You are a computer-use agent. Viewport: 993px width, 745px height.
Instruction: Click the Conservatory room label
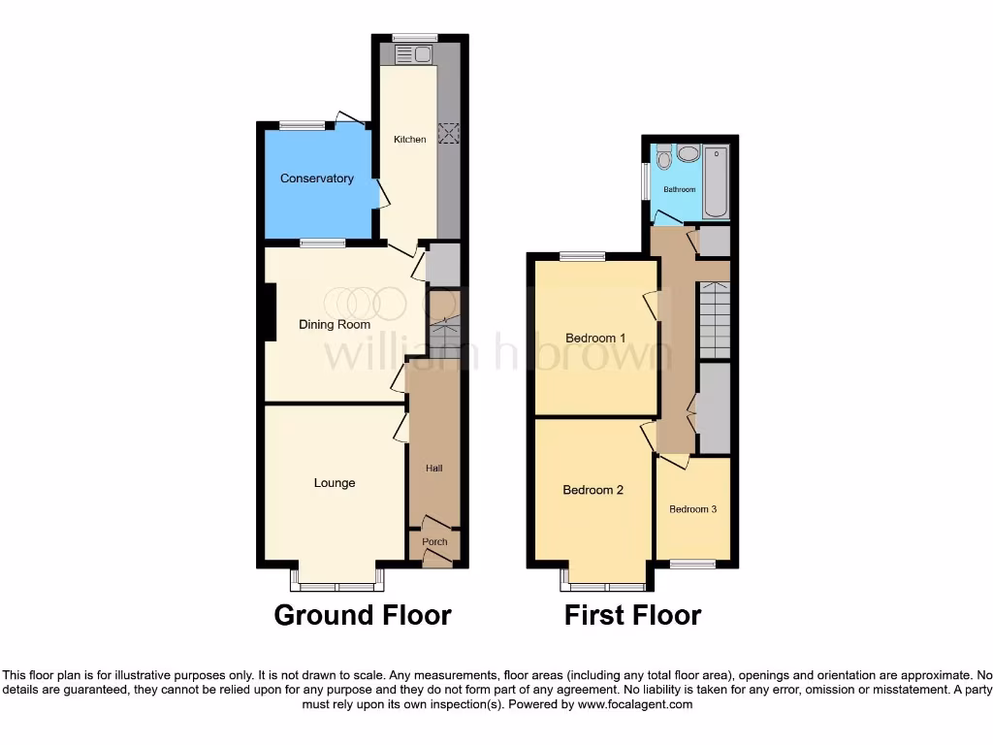point(316,178)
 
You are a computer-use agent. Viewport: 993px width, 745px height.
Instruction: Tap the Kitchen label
point(409,140)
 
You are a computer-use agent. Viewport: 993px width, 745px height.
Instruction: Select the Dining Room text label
point(334,325)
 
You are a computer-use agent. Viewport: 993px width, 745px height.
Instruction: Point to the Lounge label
point(334,483)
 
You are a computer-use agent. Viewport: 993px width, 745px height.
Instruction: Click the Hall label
point(433,469)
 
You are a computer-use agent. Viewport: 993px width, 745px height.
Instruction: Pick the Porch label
point(433,542)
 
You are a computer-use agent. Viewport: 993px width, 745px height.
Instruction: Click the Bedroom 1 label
point(595,338)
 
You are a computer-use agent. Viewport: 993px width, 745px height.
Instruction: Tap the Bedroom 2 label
point(593,490)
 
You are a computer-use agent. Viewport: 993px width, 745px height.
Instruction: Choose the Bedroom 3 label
point(692,509)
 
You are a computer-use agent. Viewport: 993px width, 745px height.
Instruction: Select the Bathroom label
point(679,189)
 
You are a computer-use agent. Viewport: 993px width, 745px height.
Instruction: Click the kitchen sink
point(412,54)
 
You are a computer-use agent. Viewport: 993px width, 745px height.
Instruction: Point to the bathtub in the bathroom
point(716,181)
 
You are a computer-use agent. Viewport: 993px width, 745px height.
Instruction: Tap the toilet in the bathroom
point(663,157)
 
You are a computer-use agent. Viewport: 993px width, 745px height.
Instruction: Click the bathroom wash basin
point(689,153)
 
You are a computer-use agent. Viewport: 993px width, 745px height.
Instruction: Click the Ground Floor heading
point(362,615)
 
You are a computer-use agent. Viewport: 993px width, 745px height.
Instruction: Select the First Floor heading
point(632,615)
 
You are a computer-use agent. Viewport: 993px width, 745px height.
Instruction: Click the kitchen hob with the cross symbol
point(449,134)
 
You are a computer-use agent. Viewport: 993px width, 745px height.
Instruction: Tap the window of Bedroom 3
point(692,564)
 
